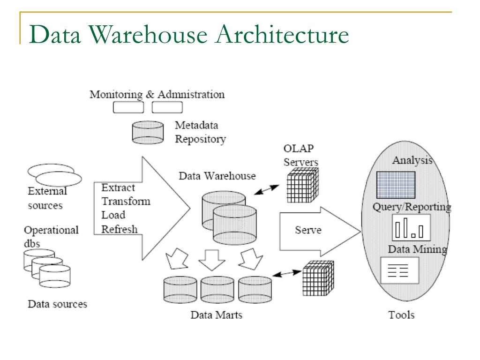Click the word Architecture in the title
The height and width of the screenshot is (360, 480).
tap(282, 34)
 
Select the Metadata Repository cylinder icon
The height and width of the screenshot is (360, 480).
tap(148, 132)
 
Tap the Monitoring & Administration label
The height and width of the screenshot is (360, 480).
tap(157, 94)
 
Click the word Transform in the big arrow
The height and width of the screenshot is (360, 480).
tap(126, 201)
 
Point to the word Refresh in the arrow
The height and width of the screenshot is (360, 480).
tap(120, 229)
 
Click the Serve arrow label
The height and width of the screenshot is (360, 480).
tap(308, 230)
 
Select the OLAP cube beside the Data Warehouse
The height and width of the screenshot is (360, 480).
tap(303, 185)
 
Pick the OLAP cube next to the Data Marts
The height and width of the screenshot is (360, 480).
tap(318, 278)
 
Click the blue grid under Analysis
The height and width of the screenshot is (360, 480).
tap(396, 185)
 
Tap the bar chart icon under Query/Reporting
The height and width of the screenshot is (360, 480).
tap(412, 227)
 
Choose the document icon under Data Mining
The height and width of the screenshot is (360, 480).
tap(400, 270)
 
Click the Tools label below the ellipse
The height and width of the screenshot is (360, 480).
tap(401, 315)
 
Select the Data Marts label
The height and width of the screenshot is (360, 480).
tap(217, 315)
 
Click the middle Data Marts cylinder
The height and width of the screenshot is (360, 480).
tap(217, 290)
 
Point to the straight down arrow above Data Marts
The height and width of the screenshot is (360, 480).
tap(212, 260)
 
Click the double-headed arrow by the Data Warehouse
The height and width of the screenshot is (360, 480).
tap(267, 190)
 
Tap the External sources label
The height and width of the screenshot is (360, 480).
tap(47, 198)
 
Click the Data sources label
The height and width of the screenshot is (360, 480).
tap(58, 304)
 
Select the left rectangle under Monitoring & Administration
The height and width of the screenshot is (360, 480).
tap(128, 107)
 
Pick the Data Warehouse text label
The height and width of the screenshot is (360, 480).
tap(217, 176)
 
